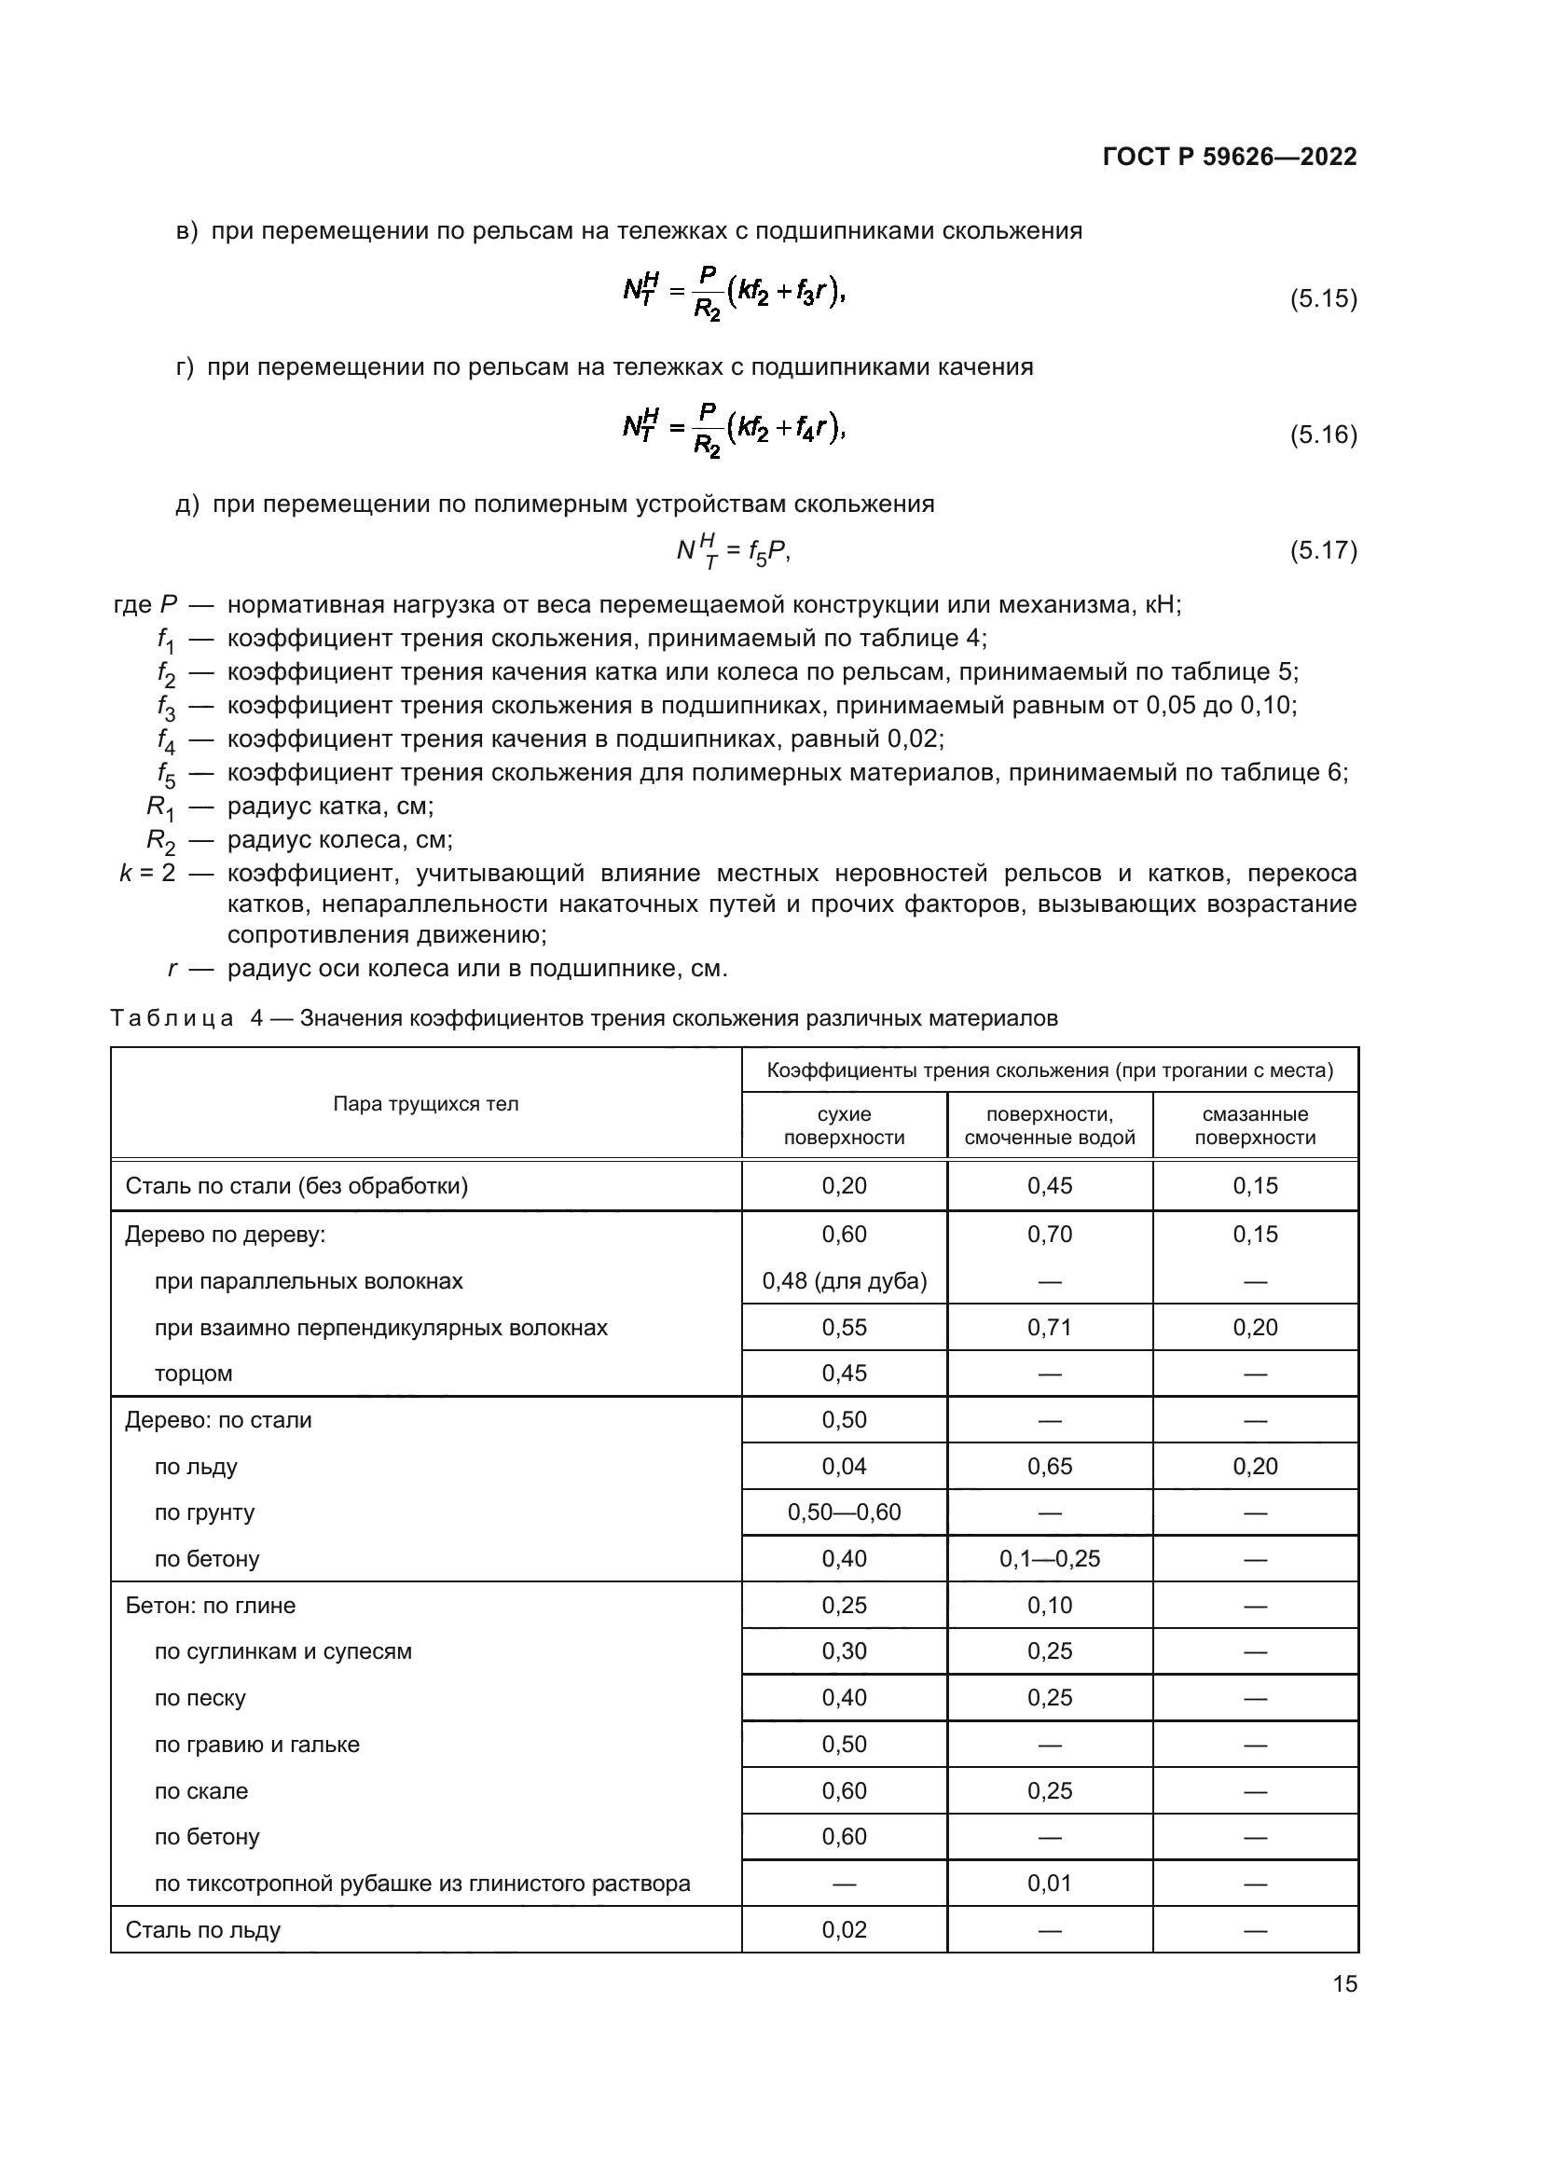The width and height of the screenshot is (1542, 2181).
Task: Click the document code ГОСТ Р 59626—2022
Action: (1230, 158)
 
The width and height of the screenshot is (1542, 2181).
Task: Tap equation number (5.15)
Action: (1323, 299)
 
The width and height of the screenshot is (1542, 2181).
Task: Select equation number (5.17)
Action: (1323, 550)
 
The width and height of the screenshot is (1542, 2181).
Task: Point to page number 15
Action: (1344, 1983)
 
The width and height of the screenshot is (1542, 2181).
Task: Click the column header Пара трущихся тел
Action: (425, 1104)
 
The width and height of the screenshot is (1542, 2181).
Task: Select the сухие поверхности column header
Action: (844, 1125)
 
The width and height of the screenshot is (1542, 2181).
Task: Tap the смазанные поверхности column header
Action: (1254, 1125)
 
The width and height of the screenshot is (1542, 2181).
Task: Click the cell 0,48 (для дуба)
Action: (844, 1281)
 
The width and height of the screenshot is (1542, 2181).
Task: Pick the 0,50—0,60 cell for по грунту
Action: (844, 1512)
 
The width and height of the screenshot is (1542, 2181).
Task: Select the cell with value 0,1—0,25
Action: (1049, 1559)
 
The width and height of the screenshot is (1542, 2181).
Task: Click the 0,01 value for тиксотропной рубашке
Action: (1049, 1883)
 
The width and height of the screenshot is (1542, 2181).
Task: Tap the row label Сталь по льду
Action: (203, 1929)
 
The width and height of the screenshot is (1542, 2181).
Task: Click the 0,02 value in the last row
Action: (844, 1929)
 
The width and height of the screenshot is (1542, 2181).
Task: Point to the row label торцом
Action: (194, 1373)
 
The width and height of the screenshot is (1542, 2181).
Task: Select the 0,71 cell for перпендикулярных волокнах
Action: (1049, 1327)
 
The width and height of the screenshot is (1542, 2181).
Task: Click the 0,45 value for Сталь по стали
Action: (1049, 1185)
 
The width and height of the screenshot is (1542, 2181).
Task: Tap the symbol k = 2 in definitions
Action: (147, 873)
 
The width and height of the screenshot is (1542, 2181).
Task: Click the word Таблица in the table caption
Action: (172, 1018)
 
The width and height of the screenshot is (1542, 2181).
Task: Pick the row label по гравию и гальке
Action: (257, 1744)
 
